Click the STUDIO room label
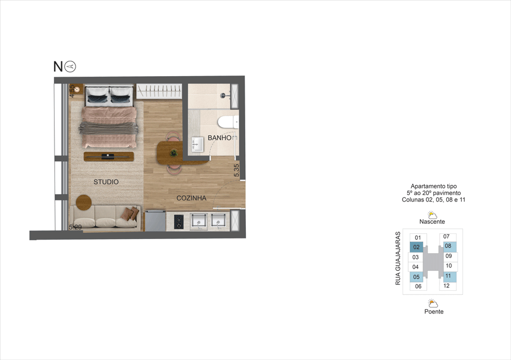point(106,182)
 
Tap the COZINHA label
point(191,198)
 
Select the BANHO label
point(219,138)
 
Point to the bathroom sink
point(197,144)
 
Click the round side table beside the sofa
point(84,202)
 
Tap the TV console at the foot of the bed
point(108,156)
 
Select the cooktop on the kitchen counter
point(178,221)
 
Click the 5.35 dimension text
point(237,170)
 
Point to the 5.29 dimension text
point(75,227)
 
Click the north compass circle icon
point(70,66)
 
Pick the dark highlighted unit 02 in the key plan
point(417,247)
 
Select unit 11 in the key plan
point(448,276)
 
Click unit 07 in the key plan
point(446,236)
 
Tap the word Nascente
point(432,221)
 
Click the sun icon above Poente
point(433,303)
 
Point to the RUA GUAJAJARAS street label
point(398,258)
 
